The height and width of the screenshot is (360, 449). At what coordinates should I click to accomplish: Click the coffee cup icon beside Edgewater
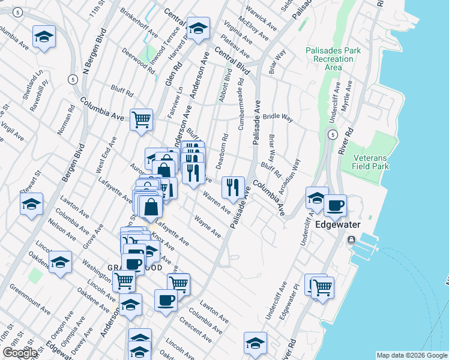pyautogui.click(x=336, y=205)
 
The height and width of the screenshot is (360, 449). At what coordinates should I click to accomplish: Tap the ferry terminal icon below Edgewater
pyautogui.click(x=352, y=240)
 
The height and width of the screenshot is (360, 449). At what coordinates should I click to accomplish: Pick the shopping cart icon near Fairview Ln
pyautogui.click(x=141, y=119)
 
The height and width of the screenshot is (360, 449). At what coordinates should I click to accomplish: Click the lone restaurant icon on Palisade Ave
pyautogui.click(x=232, y=187)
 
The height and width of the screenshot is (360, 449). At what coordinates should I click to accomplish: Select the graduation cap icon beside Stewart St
pyautogui.click(x=32, y=204)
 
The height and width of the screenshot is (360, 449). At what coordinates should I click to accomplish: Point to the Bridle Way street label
pyautogui.click(x=278, y=118)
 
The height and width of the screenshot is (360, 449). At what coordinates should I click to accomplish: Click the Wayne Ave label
pyautogui.click(x=208, y=227)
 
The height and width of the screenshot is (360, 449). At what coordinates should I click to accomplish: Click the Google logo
pyautogui.click(x=20, y=353)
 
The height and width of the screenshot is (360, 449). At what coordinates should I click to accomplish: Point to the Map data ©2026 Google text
pyautogui.click(x=412, y=355)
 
